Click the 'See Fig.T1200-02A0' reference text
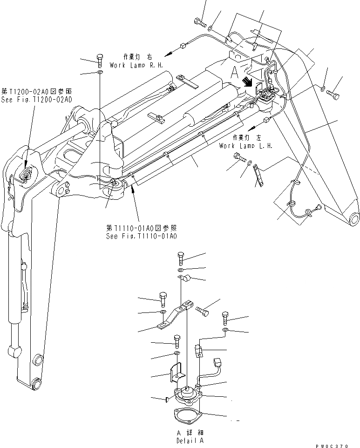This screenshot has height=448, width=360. point(37,100)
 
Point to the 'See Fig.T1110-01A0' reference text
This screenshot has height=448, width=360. point(142,236)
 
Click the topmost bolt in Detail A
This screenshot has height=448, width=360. point(181,258)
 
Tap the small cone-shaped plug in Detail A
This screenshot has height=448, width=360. point(167,399)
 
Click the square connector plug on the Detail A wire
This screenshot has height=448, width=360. point(216,362)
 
